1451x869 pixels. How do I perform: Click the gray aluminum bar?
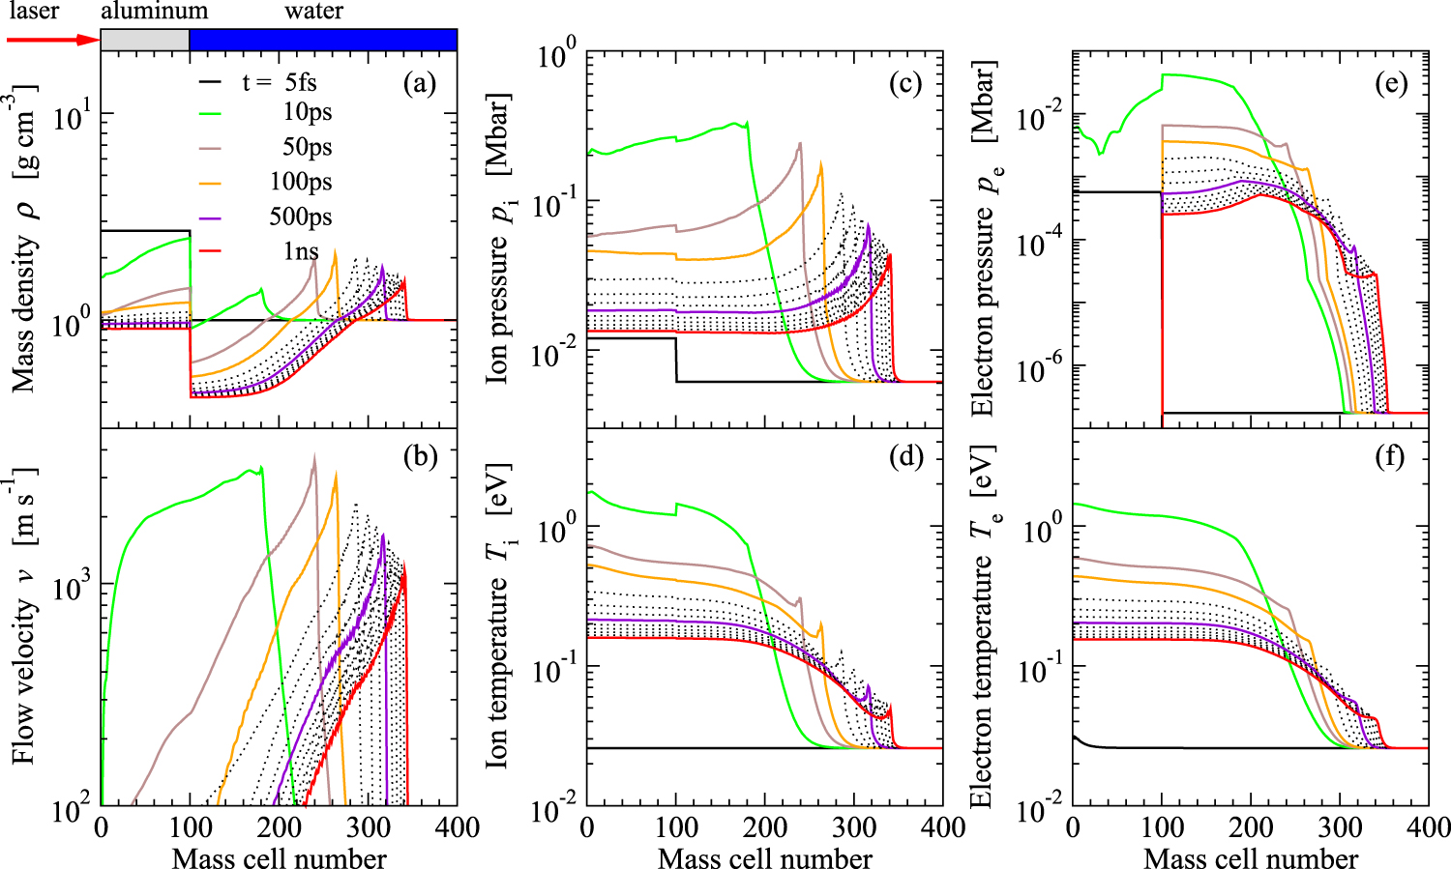tap(145, 40)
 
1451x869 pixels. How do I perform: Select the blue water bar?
tap(323, 40)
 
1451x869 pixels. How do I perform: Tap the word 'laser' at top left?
tap(33, 12)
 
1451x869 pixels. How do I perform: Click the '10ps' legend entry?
tap(307, 112)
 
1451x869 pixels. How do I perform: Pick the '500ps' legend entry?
tap(300, 217)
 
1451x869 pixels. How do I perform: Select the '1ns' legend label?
tap(301, 251)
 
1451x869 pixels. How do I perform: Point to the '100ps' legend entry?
tap(300, 182)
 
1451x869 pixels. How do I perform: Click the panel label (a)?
tap(419, 83)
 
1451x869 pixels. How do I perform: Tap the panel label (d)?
tap(905, 456)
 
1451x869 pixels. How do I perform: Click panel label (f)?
tap(1389, 456)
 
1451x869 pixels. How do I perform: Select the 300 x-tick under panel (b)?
tap(368, 827)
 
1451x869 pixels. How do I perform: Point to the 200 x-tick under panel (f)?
tap(1250, 827)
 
